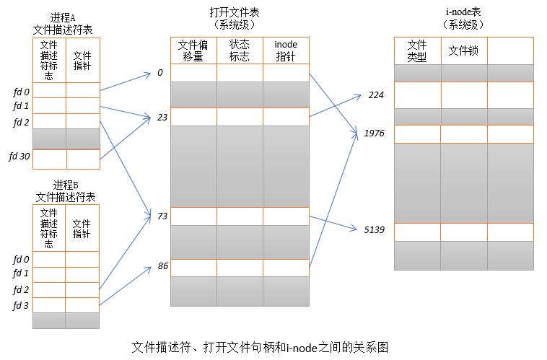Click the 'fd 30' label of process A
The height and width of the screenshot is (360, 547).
[19, 157]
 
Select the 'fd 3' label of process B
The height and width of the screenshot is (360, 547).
[21, 306]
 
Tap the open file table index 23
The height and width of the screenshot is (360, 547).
[162, 117]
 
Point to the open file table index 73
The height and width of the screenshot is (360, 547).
[162, 216]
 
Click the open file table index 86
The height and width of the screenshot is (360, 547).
[163, 265]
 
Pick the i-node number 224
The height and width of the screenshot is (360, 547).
[376, 95]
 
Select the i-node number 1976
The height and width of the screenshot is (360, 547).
[374, 133]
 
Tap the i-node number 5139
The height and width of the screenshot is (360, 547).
[374, 229]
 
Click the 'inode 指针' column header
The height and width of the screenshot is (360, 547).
[286, 51]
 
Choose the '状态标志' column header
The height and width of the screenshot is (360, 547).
[240, 51]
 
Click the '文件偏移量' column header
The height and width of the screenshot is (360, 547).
[193, 51]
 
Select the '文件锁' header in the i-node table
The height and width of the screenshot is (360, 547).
[463, 51]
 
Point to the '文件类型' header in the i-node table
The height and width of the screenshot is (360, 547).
[417, 51]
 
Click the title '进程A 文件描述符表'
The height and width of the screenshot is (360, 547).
[63, 24]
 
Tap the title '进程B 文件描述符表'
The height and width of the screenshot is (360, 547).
[66, 191]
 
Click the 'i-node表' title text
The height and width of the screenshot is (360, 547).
[463, 12]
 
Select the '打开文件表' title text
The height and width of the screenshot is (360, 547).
[235, 12]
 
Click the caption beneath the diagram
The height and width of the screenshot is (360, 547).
[260, 347]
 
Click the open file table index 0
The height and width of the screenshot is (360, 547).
[160, 73]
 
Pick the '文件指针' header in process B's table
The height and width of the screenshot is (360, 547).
[82, 229]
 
